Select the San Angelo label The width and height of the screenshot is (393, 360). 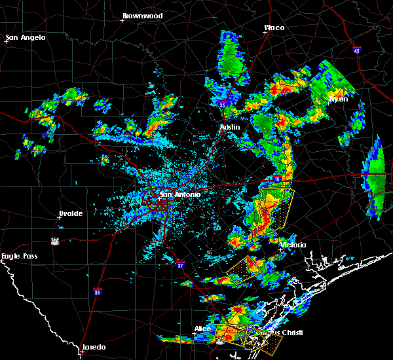26,37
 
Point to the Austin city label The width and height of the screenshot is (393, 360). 230,127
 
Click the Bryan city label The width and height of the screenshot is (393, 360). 337,99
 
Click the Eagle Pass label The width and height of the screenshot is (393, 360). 19,257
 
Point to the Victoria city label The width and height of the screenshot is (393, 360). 293,245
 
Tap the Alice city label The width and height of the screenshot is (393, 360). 203,329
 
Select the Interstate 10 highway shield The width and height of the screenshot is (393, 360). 277,179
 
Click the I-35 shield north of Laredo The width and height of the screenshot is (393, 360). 97,291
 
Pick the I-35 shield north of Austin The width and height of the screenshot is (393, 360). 223,103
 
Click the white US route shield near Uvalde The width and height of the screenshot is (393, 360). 56,241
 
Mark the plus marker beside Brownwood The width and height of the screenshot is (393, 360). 122,20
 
